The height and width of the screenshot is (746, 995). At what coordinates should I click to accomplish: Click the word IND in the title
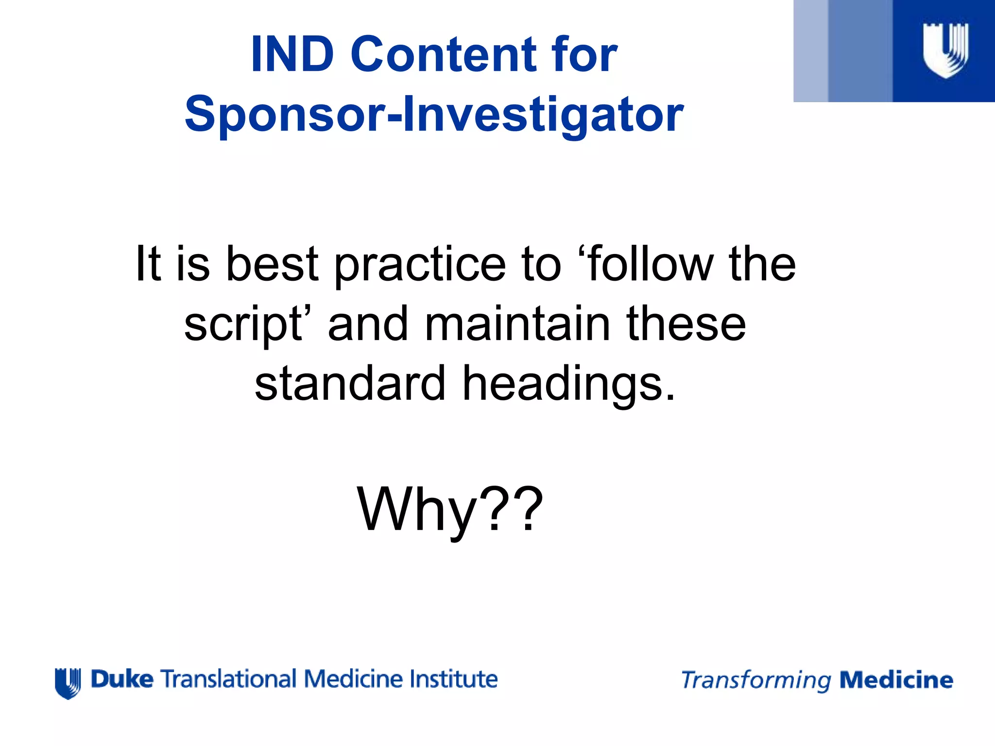coord(292,54)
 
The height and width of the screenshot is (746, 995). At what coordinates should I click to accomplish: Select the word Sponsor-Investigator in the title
coord(434,114)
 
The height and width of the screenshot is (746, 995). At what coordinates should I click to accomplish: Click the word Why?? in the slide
coord(450,510)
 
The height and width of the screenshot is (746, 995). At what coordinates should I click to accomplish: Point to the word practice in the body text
coord(420,265)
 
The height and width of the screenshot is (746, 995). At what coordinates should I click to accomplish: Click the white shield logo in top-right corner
coord(945,50)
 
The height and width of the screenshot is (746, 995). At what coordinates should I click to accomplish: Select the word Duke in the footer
coord(122,679)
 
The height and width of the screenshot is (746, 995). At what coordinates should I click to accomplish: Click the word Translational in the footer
coord(228,679)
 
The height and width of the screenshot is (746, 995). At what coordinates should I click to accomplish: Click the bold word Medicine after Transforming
coord(896,680)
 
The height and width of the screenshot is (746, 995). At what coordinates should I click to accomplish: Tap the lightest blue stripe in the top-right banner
coord(810,51)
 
